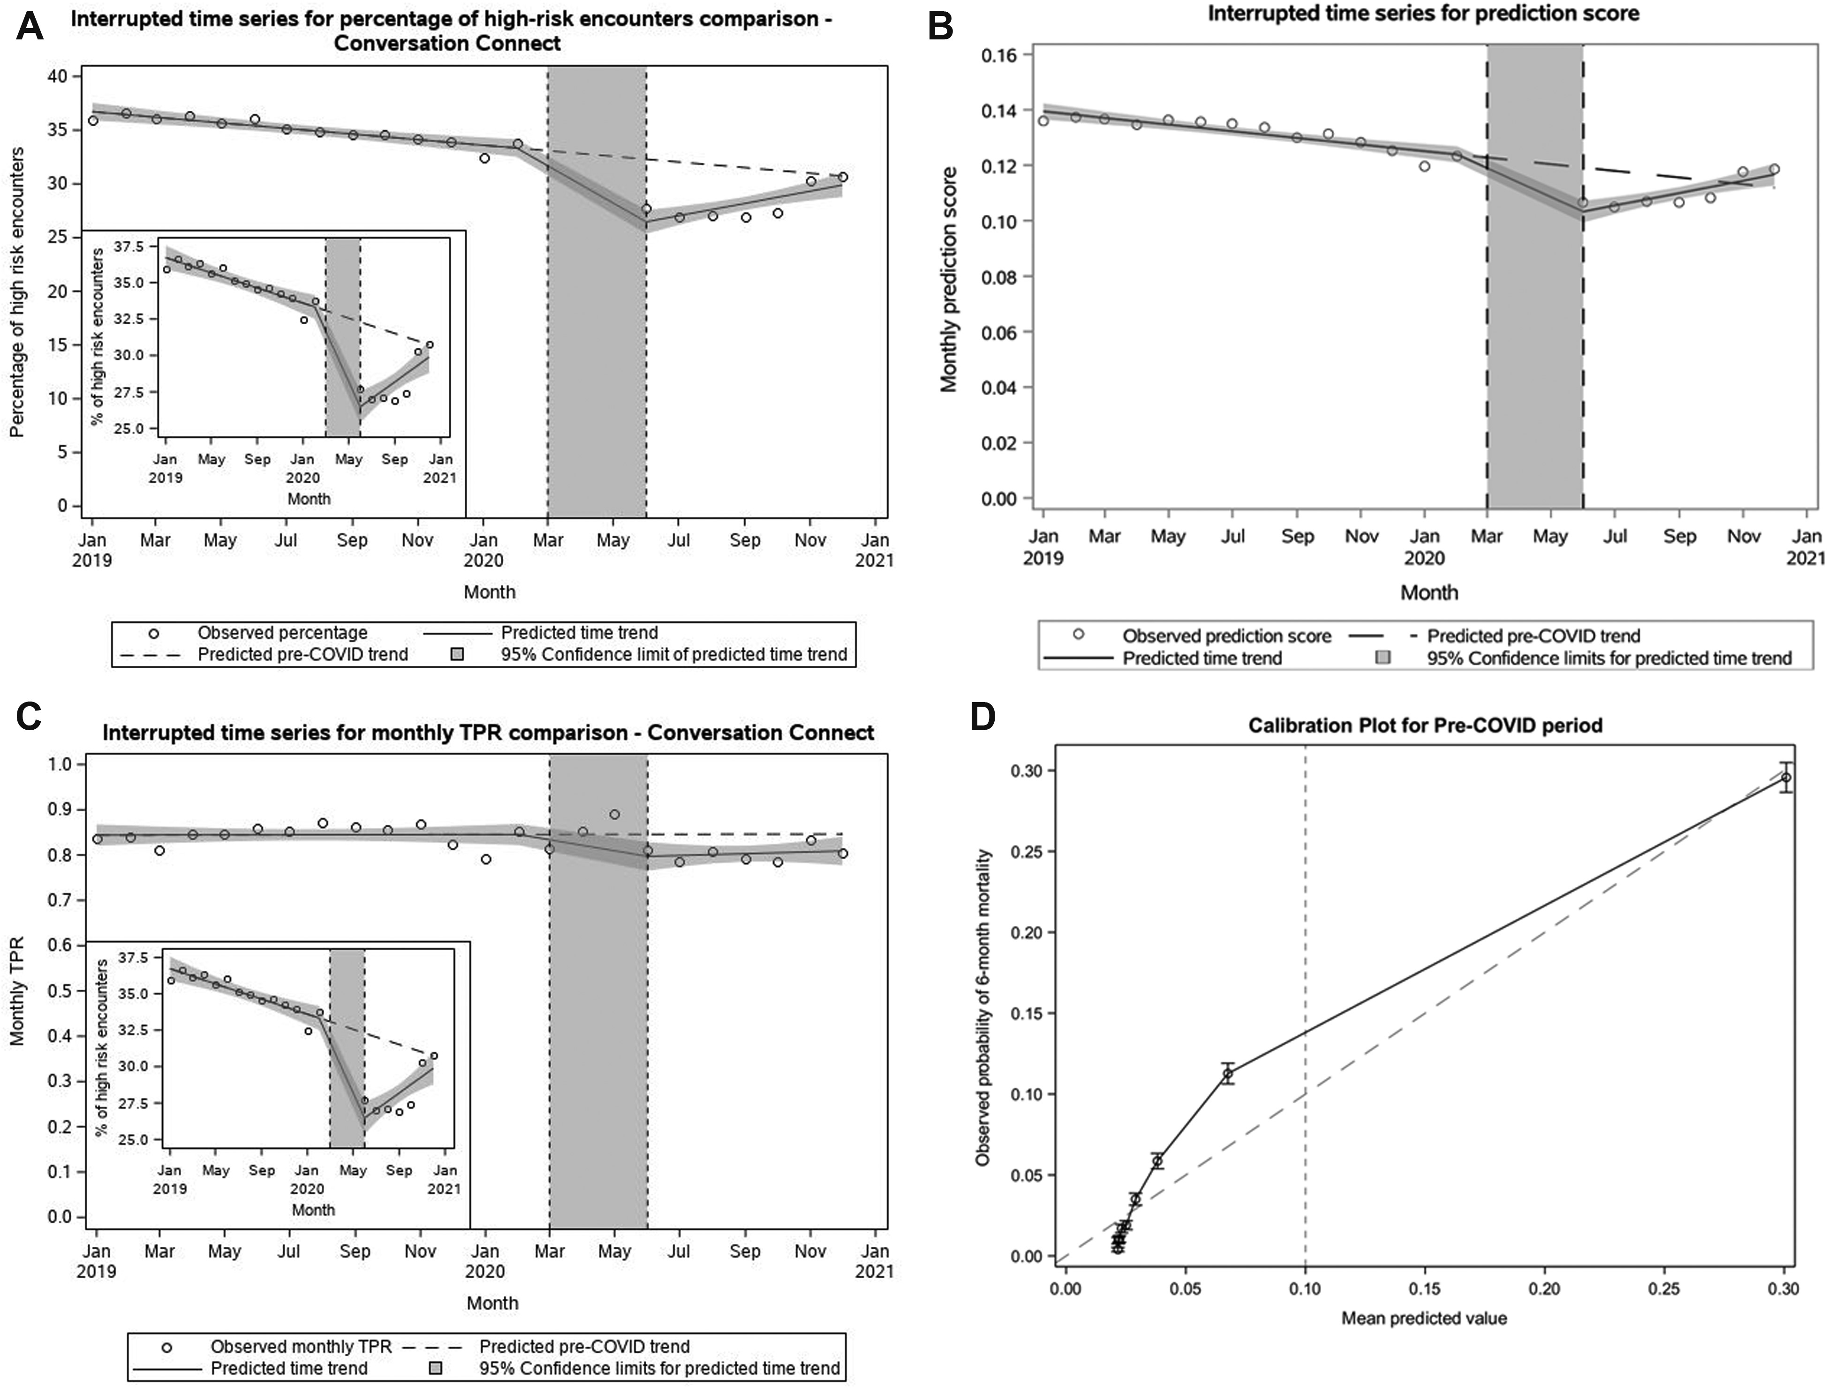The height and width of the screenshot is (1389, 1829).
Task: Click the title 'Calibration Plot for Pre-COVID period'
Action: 1425,725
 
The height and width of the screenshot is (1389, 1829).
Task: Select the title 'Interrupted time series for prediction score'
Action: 1423,14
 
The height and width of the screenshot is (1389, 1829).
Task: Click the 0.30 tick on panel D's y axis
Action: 1028,770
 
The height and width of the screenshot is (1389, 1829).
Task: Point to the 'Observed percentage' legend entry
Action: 282,633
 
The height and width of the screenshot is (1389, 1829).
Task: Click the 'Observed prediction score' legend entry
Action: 1226,636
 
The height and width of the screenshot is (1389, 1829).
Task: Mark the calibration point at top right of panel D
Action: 1786,777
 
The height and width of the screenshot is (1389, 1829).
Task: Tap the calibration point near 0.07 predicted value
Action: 1228,1074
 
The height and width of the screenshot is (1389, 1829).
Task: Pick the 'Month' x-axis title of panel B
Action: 1429,592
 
